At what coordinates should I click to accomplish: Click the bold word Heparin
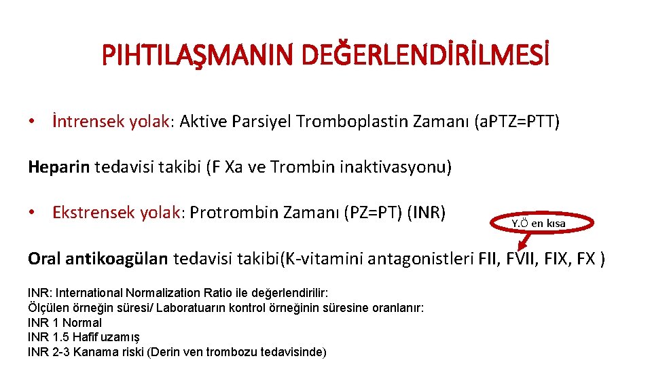pyautogui.click(x=58, y=167)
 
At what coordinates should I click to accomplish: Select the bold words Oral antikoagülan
pyautogui.click(x=98, y=258)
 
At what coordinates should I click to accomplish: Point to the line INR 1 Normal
pyautogui.click(x=65, y=323)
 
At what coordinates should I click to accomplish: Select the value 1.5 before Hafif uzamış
pyautogui.click(x=60, y=337)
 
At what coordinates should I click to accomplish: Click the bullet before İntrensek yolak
pyautogui.click(x=32, y=122)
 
